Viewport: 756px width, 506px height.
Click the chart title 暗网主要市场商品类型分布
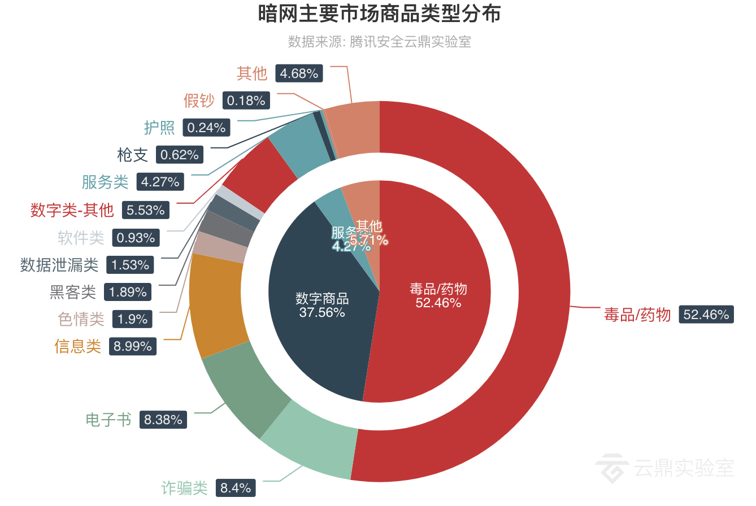pyautogui.click(x=379, y=14)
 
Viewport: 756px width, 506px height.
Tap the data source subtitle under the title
pyautogui.click(x=379, y=42)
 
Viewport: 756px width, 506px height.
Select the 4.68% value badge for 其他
pyautogui.click(x=299, y=73)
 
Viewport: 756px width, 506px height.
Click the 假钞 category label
pyautogui.click(x=199, y=101)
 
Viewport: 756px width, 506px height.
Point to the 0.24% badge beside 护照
pyautogui.click(x=206, y=128)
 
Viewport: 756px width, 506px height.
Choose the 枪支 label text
pyautogui.click(x=132, y=155)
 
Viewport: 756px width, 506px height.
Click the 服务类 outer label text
pyautogui.click(x=105, y=182)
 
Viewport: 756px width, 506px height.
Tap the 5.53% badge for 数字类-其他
pyautogui.click(x=146, y=210)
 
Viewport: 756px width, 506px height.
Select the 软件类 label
pyautogui.click(x=81, y=238)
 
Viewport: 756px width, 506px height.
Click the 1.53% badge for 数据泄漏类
pyautogui.click(x=131, y=265)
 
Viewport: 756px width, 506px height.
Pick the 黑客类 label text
pyautogui.click(x=73, y=292)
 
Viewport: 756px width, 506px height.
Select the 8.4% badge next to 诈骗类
pyautogui.click(x=236, y=488)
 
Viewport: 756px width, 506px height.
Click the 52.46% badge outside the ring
pyautogui.click(x=706, y=315)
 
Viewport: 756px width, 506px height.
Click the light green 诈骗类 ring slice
pyautogui.click(x=308, y=446)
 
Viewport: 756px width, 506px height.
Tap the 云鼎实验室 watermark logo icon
pyautogui.click(x=611, y=468)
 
